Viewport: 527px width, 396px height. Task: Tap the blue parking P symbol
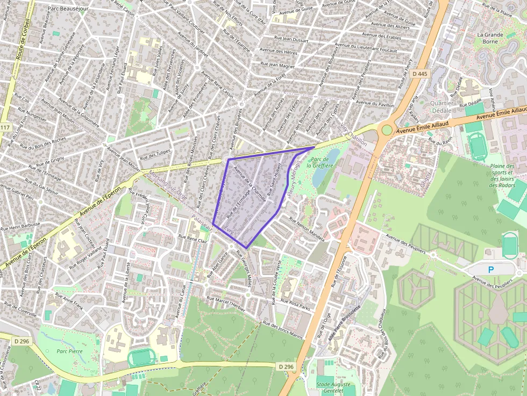(x=490, y=269)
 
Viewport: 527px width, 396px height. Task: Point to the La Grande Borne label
(x=490, y=38)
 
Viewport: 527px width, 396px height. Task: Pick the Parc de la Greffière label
(x=317, y=162)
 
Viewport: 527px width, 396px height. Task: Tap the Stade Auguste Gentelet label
(x=333, y=387)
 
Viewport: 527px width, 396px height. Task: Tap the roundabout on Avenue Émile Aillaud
(x=386, y=129)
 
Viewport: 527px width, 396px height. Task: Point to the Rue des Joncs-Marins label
(x=282, y=330)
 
